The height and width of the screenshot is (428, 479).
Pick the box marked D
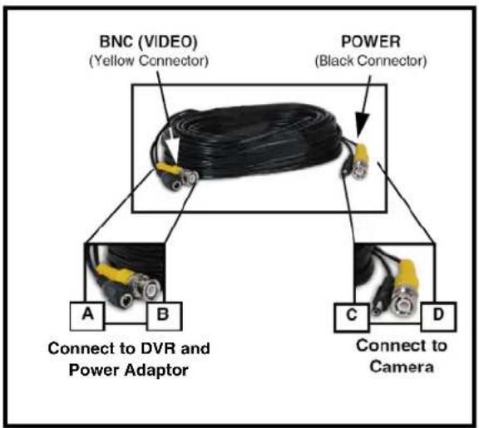437,316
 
